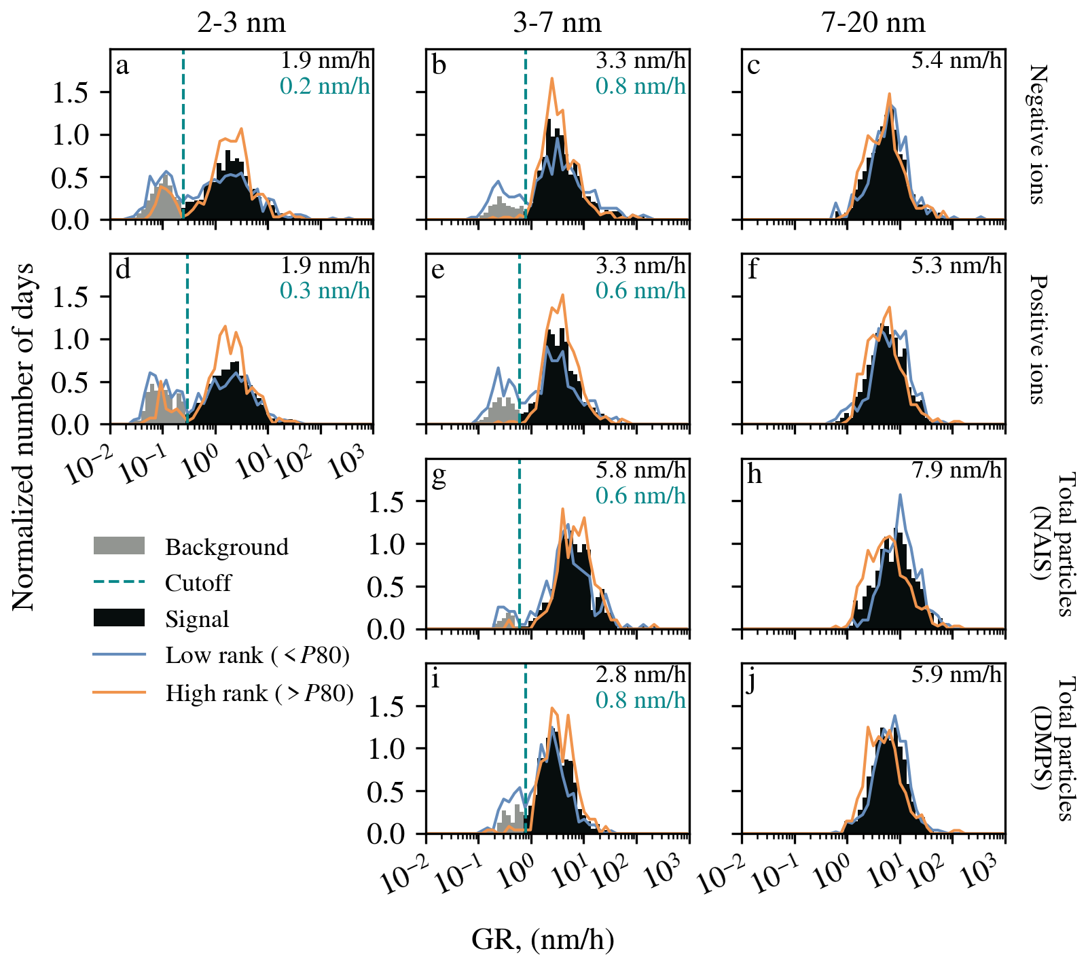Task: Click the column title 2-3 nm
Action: (x=241, y=23)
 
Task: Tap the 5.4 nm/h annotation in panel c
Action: (x=956, y=60)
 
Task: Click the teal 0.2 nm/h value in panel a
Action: (x=325, y=86)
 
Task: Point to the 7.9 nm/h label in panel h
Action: (x=956, y=470)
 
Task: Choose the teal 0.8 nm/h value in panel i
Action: (x=640, y=700)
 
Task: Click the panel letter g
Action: (x=439, y=475)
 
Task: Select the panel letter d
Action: (x=123, y=270)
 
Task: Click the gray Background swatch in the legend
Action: (x=119, y=546)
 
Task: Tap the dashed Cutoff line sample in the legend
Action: (x=119, y=582)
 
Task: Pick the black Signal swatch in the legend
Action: (x=119, y=618)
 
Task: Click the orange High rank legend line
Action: (x=119, y=692)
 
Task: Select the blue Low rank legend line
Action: (x=119, y=655)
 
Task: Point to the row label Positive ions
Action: (x=1037, y=339)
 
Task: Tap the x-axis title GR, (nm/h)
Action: (x=543, y=940)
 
